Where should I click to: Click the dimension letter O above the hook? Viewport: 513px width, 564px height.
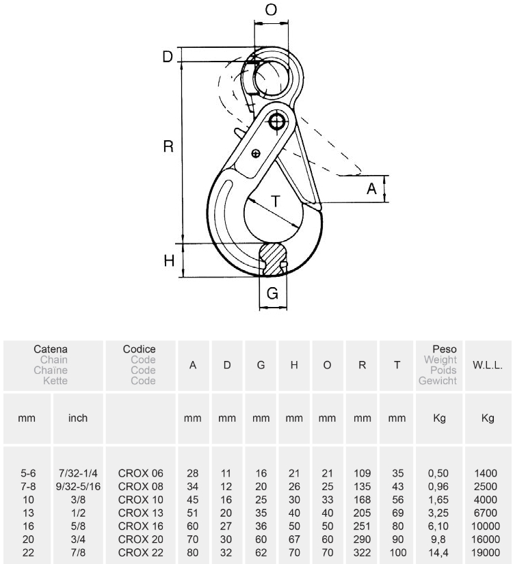pyautogui.click(x=271, y=10)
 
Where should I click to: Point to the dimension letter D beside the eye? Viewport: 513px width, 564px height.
pyautogui.click(x=168, y=57)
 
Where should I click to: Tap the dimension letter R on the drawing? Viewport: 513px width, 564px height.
pyautogui.click(x=168, y=146)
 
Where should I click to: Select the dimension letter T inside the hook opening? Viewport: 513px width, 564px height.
pyautogui.click(x=276, y=202)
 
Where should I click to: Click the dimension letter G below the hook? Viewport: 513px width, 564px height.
pyautogui.click(x=272, y=293)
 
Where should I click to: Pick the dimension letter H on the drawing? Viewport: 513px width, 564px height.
pyautogui.click(x=169, y=260)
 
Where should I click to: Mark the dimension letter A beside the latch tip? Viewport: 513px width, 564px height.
pyautogui.click(x=371, y=189)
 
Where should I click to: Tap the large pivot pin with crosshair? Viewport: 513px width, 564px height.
pyautogui.click(x=277, y=122)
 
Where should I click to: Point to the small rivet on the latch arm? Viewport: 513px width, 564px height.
pyautogui.click(x=256, y=154)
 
